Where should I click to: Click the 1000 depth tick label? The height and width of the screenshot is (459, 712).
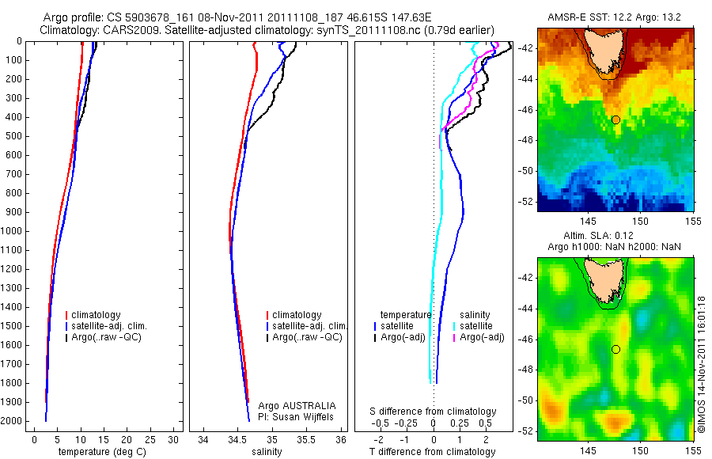11,231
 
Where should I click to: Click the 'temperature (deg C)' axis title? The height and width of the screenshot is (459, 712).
103,452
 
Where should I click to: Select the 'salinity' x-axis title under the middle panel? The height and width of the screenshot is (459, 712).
267,452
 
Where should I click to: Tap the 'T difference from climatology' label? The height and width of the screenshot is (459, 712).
432,452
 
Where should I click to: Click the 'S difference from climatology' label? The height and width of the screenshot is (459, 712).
433,412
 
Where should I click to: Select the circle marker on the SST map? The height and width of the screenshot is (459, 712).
615,119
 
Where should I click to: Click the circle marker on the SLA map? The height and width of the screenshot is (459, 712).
615,349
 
